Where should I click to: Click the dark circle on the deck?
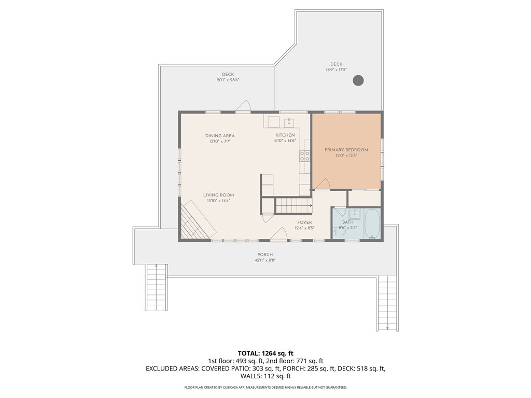point(358,80)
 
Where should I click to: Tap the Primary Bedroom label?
point(346,150)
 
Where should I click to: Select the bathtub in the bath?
point(372,224)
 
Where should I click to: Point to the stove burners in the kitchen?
point(304,155)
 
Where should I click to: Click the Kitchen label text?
point(285,135)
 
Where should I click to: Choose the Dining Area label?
point(220,136)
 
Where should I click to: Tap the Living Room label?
point(218,195)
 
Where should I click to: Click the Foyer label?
point(304,222)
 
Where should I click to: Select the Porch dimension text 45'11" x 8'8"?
point(265,260)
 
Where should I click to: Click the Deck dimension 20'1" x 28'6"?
point(228,80)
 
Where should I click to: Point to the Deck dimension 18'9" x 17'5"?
point(336,70)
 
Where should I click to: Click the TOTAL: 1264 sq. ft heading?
point(265,353)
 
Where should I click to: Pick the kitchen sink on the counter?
point(289,122)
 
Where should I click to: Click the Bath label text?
point(348,222)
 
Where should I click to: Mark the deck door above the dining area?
point(243,106)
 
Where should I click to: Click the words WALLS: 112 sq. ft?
point(265,376)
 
